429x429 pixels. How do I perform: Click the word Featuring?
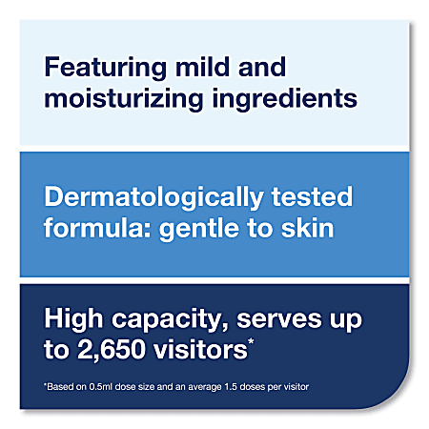coord(106,69)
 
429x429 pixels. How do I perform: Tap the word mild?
coord(203,67)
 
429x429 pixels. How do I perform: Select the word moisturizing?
coord(124,99)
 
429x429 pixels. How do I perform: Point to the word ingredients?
coord(285,99)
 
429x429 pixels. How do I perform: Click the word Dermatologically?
coord(153,198)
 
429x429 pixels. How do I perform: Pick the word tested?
coord(312,197)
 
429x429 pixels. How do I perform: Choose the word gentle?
coord(199,230)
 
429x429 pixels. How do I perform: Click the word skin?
coord(308,228)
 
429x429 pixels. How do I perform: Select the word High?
coord(73,319)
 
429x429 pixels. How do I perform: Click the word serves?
coord(279,319)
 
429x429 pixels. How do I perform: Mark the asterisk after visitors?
coord(251,341)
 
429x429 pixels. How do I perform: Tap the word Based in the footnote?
coord(60,387)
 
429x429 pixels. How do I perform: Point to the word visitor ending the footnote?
coord(296,387)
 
